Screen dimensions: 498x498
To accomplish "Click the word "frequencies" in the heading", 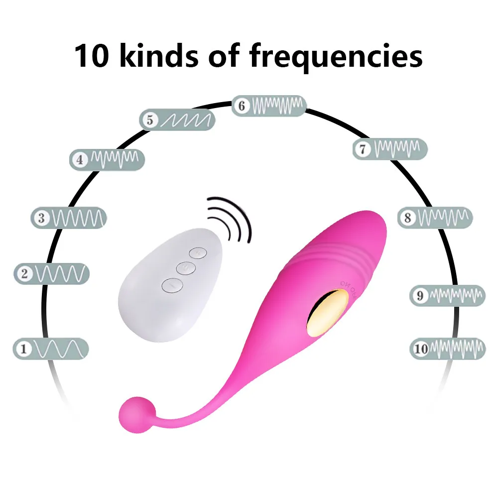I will coord(336,56).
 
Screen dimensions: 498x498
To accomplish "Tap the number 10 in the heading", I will coord(94,56).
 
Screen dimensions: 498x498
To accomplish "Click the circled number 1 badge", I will coord(22,348).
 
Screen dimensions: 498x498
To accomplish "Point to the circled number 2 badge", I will coord(23,273).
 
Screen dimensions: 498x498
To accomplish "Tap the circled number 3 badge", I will coord(41,218).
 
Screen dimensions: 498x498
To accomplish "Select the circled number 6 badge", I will coord(242,106).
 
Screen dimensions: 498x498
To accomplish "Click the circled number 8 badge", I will coord(407,218).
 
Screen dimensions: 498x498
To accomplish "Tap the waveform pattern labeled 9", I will coord(455,296).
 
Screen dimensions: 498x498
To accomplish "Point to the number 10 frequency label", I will coord(421,348).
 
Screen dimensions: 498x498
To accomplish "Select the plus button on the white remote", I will coord(198,253).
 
